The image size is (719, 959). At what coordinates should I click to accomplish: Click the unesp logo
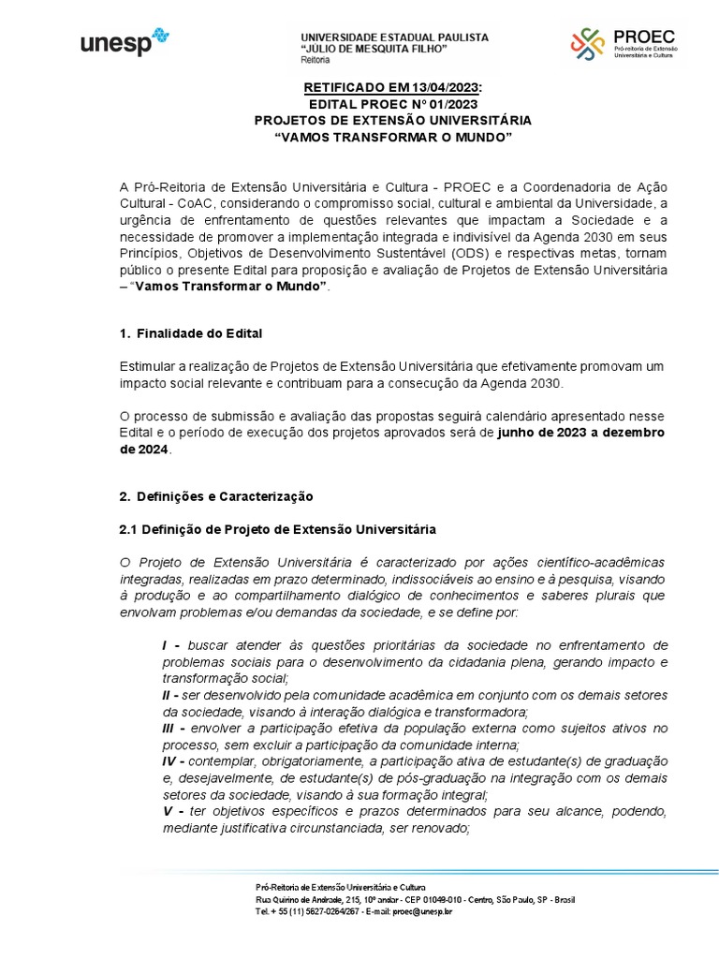(124, 42)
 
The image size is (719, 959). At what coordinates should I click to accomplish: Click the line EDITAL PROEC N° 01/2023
(392, 104)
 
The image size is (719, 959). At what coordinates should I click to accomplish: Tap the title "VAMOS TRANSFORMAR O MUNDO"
(392, 138)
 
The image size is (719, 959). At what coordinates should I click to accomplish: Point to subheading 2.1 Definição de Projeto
(277, 529)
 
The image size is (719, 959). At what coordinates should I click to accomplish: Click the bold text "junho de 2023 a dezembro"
(581, 434)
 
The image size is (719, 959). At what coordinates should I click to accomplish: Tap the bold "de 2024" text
(144, 450)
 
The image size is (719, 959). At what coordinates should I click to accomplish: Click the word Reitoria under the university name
(315, 60)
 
